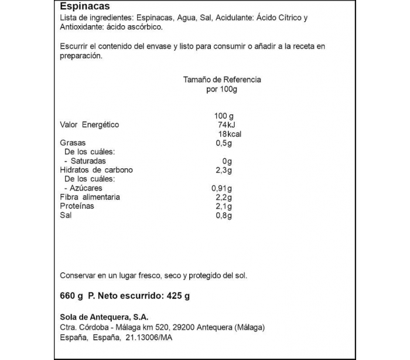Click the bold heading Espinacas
[x=85, y=7]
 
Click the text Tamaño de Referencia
[x=222, y=80]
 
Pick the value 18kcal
[x=230, y=134]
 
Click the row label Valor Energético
[x=90, y=124]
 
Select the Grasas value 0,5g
[x=224, y=143]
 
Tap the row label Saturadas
[x=88, y=161]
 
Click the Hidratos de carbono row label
[x=97, y=170]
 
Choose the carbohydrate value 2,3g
[x=224, y=170]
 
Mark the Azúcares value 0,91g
[x=222, y=188]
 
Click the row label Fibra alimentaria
[x=90, y=197]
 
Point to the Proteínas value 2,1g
[x=224, y=206]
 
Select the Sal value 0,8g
[x=224, y=215]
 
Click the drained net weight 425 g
[x=178, y=296]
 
